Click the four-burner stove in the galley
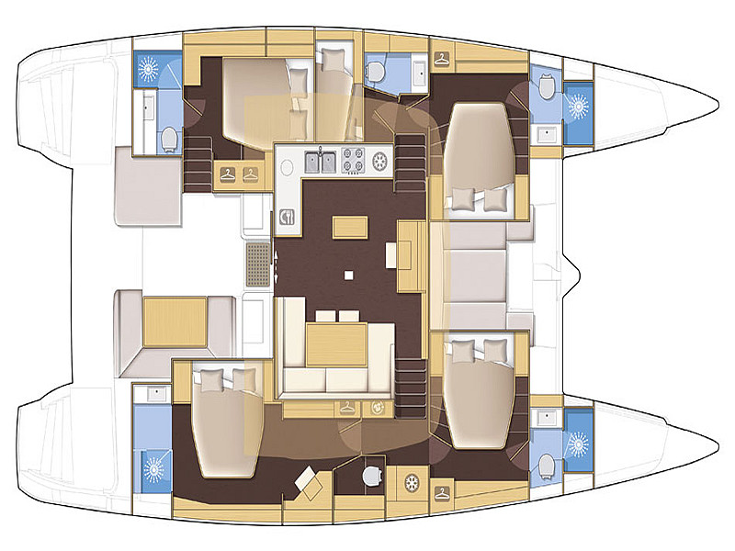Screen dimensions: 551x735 pos(354,162)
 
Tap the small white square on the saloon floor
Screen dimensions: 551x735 pos(348,274)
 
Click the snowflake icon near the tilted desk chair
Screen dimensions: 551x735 pos(413,480)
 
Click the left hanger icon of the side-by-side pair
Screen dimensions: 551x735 pos(227,173)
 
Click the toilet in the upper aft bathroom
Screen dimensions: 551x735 pos(168,139)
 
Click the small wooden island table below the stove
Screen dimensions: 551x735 pos(346,225)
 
